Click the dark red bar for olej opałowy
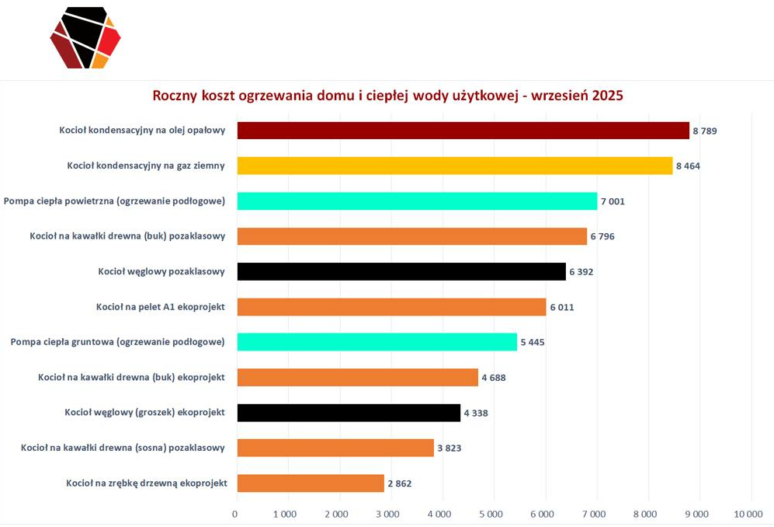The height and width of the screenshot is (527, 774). (463, 131)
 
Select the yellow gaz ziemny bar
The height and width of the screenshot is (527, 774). (454, 166)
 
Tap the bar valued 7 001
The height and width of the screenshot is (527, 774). (417, 201)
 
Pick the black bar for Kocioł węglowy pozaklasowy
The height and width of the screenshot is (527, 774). (401, 271)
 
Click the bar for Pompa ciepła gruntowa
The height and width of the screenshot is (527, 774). (377, 342)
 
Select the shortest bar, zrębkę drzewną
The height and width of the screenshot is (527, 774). (311, 483)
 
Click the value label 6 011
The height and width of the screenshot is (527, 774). (562, 307)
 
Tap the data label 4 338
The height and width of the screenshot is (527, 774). (476, 413)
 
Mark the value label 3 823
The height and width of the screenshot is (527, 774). (449, 448)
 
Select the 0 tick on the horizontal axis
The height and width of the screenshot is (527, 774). (235, 514)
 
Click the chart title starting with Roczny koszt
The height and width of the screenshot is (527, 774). (387, 96)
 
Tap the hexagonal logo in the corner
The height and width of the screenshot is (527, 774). (85, 37)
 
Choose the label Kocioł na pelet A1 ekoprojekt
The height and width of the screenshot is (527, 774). (161, 307)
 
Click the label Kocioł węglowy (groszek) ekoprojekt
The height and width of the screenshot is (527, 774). (145, 413)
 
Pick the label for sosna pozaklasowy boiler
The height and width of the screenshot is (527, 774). (123, 448)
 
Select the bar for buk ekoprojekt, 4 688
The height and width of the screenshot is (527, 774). (357, 378)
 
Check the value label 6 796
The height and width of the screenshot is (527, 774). (602, 236)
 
